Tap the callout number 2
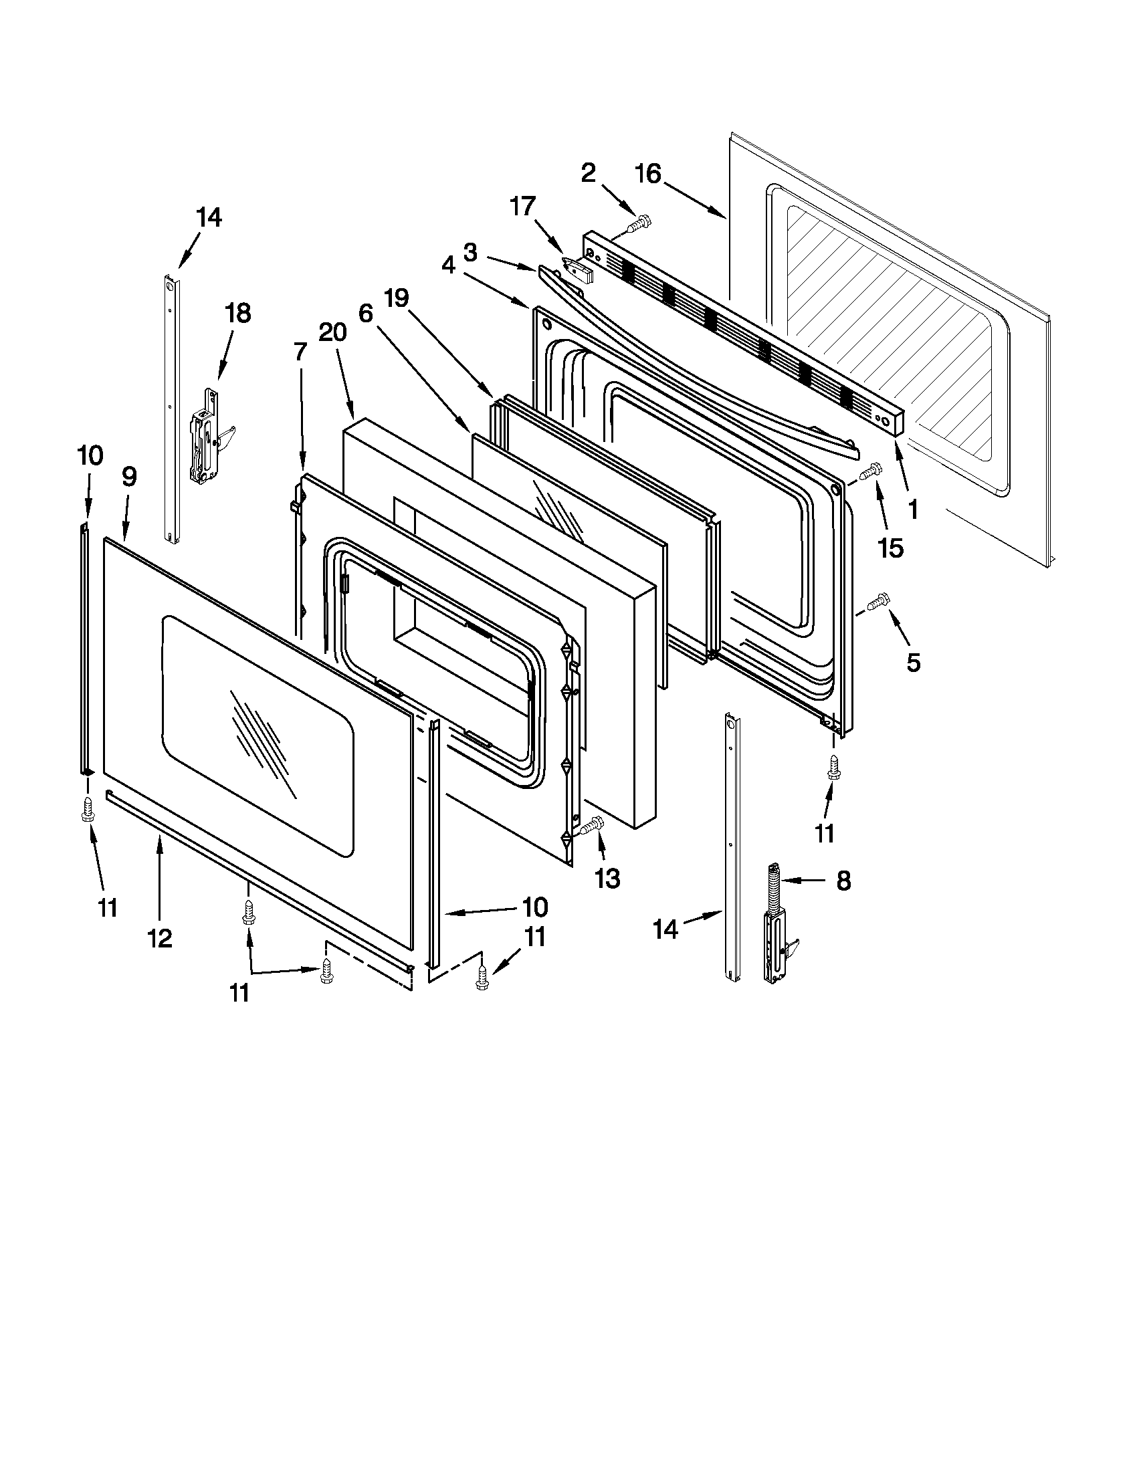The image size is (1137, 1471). (588, 173)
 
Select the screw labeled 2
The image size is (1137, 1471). (639, 223)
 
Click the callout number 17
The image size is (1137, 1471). (523, 207)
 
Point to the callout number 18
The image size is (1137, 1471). (238, 313)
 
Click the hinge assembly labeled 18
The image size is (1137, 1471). (206, 437)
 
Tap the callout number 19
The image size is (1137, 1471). (397, 298)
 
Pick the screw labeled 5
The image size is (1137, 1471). (878, 600)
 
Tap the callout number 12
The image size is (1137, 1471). (161, 937)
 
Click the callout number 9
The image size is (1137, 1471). (129, 477)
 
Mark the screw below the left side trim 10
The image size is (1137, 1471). (87, 809)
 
